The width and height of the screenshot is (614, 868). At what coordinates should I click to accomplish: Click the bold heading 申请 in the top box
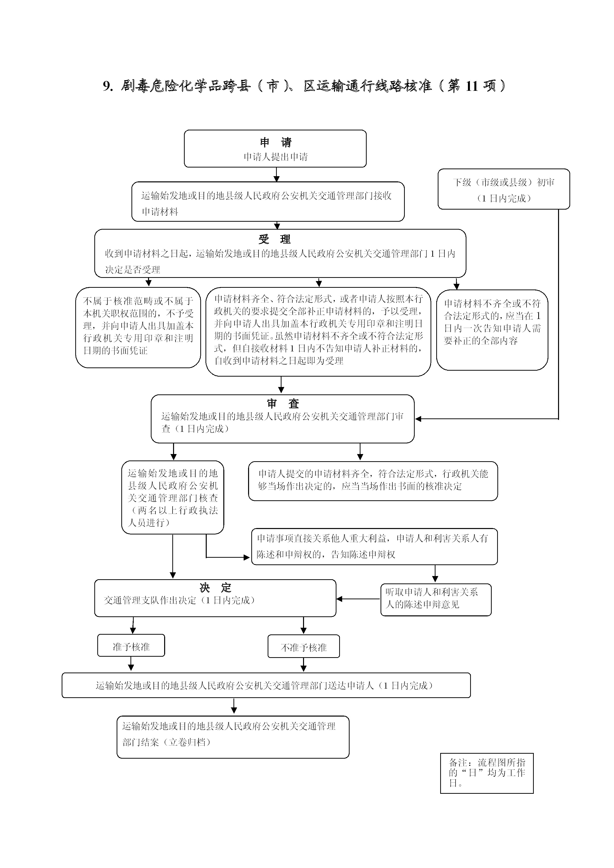(276, 143)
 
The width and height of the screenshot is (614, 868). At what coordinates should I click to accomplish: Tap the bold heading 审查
(283, 404)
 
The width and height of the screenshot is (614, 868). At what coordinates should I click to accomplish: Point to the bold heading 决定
(215, 588)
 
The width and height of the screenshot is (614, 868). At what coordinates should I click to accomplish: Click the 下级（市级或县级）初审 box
(504, 189)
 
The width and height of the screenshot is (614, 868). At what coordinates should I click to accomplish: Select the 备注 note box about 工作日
(487, 773)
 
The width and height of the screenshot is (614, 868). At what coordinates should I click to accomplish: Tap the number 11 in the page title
(472, 86)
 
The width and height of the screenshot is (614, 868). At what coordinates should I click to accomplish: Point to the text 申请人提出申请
(276, 157)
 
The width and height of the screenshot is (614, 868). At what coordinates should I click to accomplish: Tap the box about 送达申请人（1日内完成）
(266, 685)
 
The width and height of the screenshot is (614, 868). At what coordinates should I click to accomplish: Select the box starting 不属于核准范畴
(138, 327)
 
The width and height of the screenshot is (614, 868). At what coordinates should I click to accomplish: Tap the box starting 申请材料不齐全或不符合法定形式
(492, 330)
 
